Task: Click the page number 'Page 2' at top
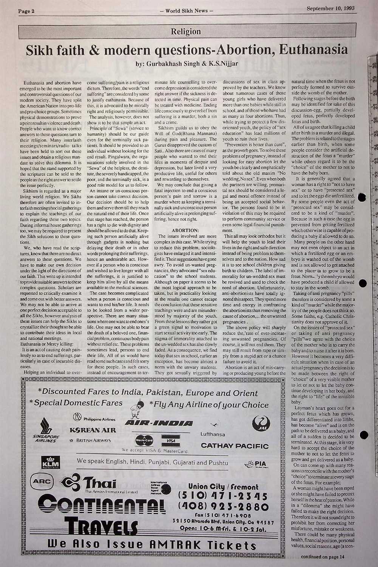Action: [26, 11]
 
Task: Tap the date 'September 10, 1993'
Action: [330, 8]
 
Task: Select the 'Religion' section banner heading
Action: [186, 31]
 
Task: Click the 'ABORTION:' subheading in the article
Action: [185, 230]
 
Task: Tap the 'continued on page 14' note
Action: [323, 556]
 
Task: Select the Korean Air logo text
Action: [93, 430]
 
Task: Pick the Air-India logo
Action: [158, 423]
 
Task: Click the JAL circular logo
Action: [260, 423]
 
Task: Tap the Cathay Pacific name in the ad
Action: [234, 446]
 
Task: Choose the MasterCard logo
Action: [144, 440]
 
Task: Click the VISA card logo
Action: [170, 440]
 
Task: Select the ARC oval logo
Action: [41, 481]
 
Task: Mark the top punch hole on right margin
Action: [363, 197]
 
